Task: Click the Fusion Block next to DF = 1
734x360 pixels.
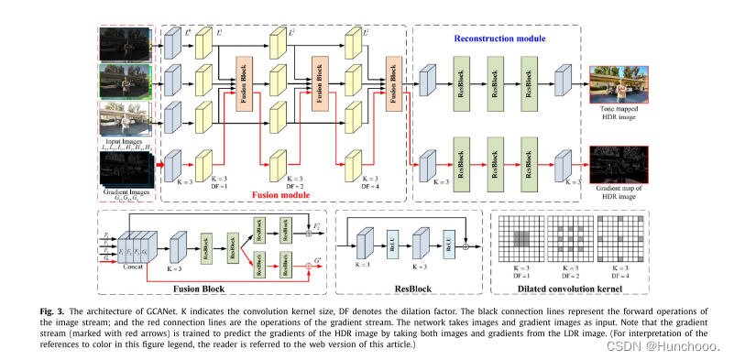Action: [x=246, y=87]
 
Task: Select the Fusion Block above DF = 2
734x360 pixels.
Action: [x=321, y=87]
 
